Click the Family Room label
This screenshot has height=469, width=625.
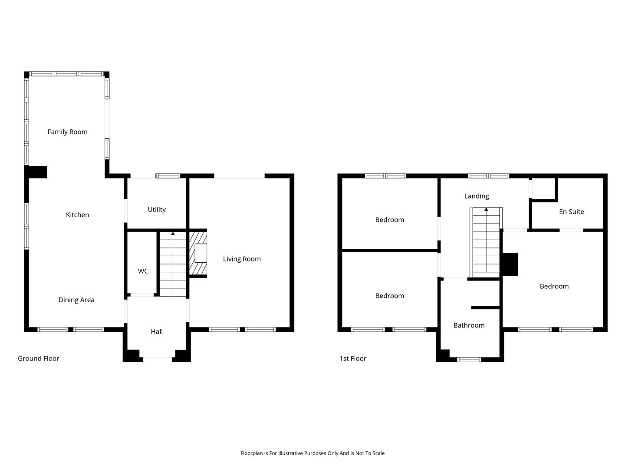67,132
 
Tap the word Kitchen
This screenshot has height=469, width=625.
77,215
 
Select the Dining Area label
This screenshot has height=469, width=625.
76,300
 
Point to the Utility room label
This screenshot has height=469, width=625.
157,210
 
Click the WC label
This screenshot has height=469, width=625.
143,271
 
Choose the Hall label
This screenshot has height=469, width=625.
157,331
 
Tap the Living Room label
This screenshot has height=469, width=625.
242,259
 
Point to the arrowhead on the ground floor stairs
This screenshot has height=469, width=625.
173,234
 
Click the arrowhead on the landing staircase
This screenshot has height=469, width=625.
486,209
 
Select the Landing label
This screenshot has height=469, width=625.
477,196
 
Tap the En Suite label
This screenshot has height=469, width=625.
572,211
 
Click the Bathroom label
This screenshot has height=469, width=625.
469,325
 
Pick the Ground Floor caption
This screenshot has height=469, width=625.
39,358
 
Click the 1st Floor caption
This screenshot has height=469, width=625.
353,358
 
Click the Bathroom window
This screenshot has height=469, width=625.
469,360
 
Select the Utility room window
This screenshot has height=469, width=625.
168,176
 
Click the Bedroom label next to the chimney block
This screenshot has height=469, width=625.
554,286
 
